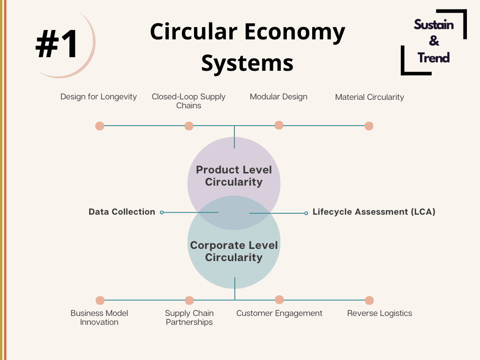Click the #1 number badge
(57, 44)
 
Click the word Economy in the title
(294, 32)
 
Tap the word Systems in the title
(247, 63)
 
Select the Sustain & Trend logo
(434, 42)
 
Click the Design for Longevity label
(98, 97)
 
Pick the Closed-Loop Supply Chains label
(188, 101)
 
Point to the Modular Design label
(278, 97)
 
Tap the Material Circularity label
(369, 97)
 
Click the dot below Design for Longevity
(100, 126)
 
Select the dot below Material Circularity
(369, 126)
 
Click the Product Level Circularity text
(234, 176)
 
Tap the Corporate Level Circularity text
(234, 251)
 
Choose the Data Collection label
(122, 212)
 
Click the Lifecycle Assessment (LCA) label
(374, 212)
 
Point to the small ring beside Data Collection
(162, 212)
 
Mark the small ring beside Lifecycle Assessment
(306, 213)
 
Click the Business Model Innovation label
(99, 317)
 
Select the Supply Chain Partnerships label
(189, 317)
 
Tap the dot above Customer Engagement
(279, 300)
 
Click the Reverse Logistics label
(380, 314)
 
